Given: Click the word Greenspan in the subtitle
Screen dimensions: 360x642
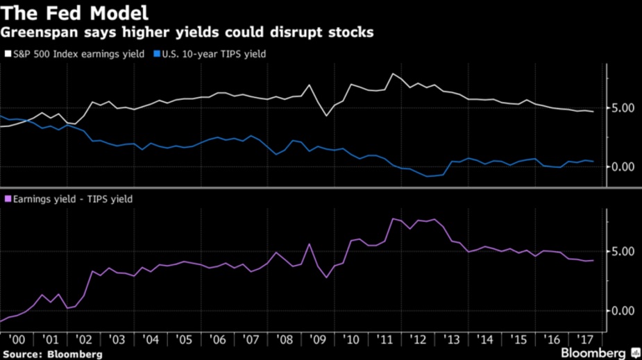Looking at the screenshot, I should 34,32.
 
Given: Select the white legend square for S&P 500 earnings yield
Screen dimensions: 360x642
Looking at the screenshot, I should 8,53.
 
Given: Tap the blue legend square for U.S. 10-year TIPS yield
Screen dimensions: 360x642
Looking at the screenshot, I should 157,53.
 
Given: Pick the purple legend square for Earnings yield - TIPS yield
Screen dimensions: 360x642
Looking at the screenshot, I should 8,199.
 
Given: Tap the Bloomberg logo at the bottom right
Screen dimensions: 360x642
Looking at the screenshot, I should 593,353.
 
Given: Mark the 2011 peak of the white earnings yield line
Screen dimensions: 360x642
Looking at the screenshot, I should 394,74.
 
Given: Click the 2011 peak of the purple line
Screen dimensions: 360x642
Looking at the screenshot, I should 394,218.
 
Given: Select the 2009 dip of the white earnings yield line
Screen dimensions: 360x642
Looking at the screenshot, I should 326,115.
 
